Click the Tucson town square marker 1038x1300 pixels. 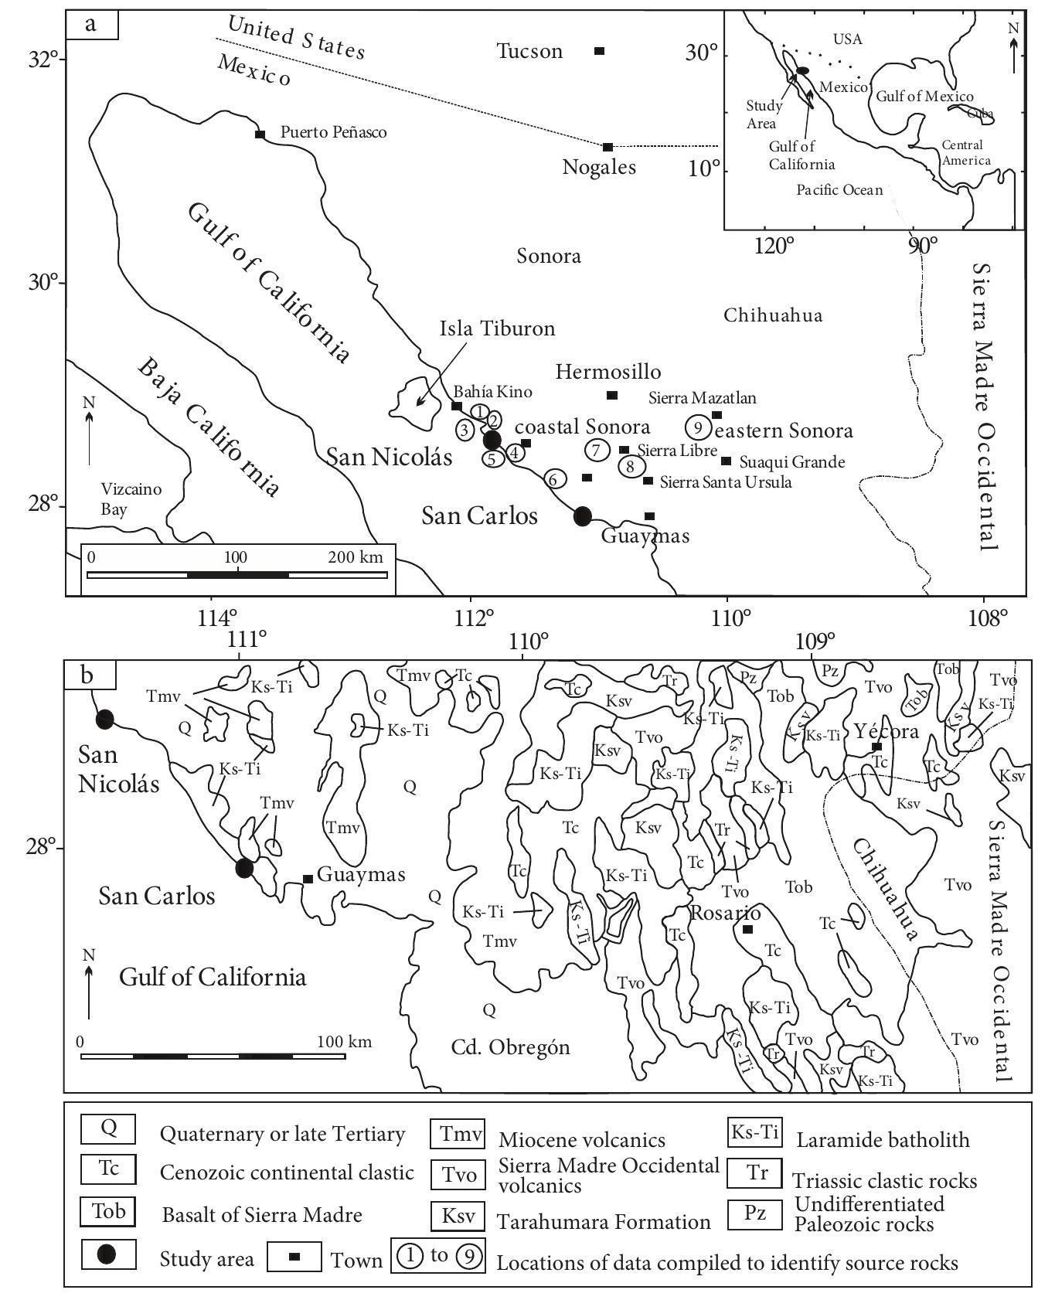coord(599,51)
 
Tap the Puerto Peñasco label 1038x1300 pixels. coord(333,132)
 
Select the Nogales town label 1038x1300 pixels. coord(599,167)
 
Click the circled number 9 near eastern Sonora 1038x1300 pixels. coord(698,427)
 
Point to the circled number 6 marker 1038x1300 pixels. coord(553,479)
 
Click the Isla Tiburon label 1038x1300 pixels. coord(497,328)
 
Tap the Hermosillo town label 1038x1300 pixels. coord(608,372)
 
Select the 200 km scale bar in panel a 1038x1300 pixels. coord(237,574)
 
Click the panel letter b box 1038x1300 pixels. coord(89,675)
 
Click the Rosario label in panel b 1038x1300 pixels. coord(715,913)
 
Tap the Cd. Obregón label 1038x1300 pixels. coord(510,1047)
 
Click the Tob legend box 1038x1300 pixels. coord(109,1211)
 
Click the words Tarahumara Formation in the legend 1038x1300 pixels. coord(604,1222)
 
